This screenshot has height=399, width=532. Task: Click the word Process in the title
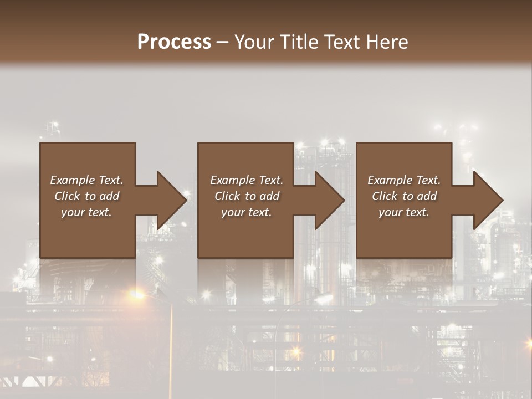point(174,42)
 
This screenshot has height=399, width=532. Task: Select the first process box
point(87,233)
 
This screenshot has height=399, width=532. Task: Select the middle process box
point(245,233)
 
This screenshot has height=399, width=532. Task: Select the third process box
point(403,233)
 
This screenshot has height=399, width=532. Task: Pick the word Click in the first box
point(67,196)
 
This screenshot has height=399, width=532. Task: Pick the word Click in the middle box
point(227,196)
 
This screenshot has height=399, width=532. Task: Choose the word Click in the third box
point(385,196)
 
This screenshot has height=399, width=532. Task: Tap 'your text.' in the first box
point(86,212)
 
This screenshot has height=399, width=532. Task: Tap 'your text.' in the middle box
point(246,212)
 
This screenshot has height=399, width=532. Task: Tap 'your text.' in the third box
point(403,212)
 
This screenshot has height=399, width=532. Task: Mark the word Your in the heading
point(254,42)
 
